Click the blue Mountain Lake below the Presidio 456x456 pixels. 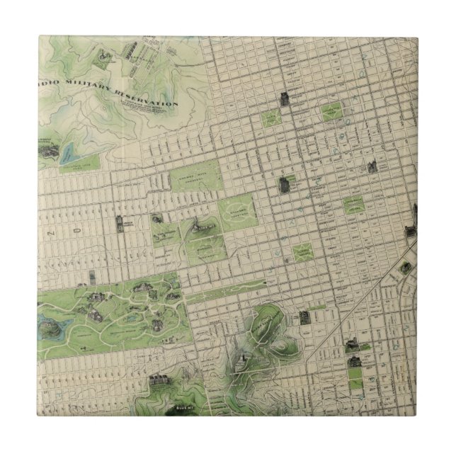click(72, 152)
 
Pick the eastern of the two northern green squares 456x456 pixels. click(331, 112)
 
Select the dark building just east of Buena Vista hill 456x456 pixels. click(305, 317)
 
